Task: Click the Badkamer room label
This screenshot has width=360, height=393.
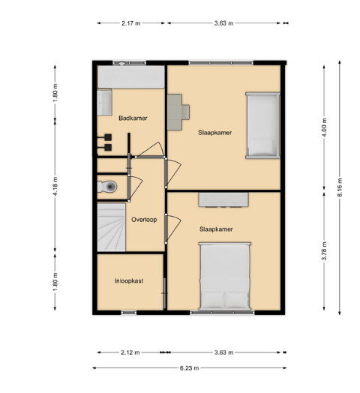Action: coord(133,118)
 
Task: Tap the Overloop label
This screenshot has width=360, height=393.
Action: coord(144,220)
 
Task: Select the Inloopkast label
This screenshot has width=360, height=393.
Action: coord(129,280)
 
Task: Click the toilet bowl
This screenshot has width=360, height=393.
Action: coord(110,187)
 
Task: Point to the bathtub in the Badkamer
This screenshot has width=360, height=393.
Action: coord(130,76)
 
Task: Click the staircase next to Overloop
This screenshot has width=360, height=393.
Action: coord(111,227)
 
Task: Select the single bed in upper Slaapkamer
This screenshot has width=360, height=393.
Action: coord(262,125)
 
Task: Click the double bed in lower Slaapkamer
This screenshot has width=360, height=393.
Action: coord(225,277)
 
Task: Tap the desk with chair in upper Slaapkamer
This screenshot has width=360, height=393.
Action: coord(178,112)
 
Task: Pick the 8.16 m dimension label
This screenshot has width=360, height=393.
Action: coord(340,187)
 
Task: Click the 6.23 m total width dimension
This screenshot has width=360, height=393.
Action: coord(189,368)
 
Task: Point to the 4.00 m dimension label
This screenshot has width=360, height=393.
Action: coord(324,127)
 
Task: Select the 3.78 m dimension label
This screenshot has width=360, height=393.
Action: coord(324,251)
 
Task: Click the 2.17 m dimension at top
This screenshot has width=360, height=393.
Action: coord(130,23)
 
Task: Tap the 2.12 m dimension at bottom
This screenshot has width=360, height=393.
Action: coord(130,352)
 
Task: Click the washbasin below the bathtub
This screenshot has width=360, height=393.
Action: coord(104,102)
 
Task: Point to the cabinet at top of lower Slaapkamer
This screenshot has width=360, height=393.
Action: coord(223,199)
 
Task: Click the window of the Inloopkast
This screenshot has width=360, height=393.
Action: coord(129,313)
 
